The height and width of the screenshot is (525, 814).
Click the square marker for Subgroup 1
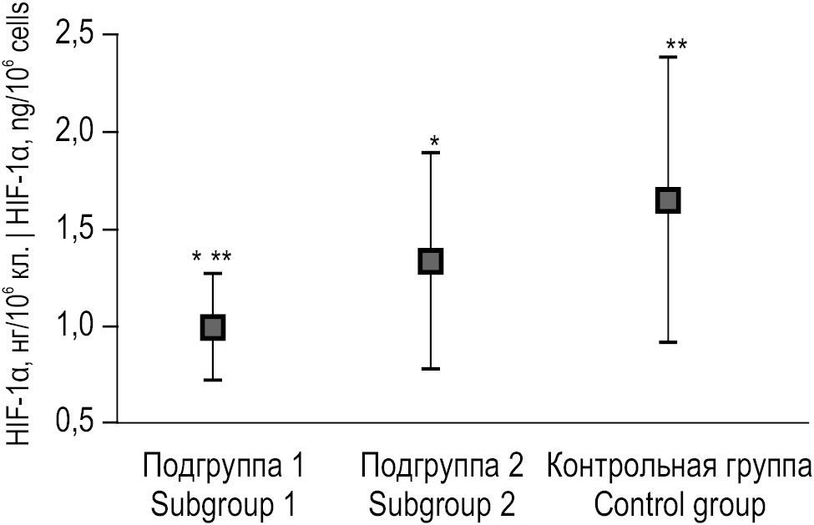[213, 326]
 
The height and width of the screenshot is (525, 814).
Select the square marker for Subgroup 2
[431, 260]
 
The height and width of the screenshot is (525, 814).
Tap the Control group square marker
[668, 200]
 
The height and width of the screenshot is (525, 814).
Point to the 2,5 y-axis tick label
[78, 36]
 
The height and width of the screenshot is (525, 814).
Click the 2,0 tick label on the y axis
[78, 133]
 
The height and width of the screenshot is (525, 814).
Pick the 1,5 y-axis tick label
[78, 230]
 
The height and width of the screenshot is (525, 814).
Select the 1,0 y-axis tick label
[78, 326]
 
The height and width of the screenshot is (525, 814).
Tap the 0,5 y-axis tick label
[78, 423]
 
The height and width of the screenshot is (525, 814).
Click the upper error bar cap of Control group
[668, 57]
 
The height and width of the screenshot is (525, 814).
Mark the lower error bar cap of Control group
[668, 342]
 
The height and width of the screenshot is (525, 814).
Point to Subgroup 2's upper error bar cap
[431, 153]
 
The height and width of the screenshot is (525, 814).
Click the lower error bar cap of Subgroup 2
[431, 368]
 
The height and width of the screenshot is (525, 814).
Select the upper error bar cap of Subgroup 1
[213, 273]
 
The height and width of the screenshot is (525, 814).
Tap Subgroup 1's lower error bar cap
[213, 380]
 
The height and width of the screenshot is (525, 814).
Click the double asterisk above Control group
[676, 44]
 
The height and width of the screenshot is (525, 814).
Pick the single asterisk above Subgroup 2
[434, 141]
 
